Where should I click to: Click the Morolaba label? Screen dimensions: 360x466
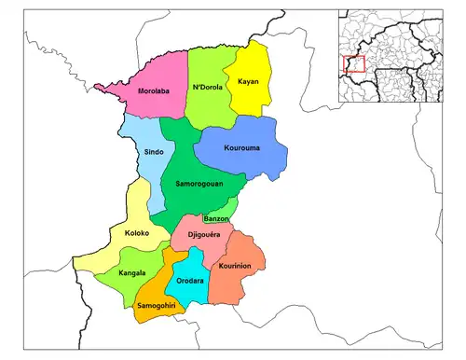click(153, 92)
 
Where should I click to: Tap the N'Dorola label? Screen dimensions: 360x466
click(209, 88)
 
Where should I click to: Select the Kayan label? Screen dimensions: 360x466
click(248, 81)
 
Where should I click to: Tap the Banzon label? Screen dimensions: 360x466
click(216, 218)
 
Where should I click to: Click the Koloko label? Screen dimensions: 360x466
click(124, 234)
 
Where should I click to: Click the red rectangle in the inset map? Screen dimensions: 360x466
click(353, 65)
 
